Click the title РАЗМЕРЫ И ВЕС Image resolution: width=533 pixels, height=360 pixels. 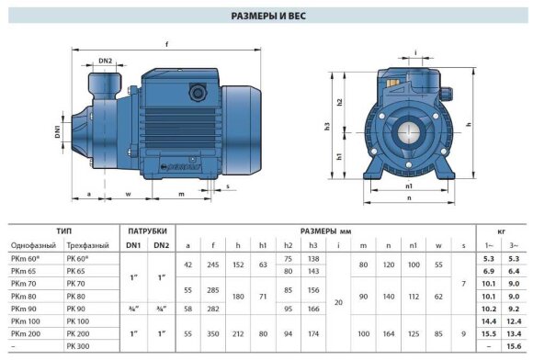(x=266, y=16)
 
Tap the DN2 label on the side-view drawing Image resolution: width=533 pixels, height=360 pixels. (x=105, y=62)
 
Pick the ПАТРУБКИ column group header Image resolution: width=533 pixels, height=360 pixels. (x=147, y=231)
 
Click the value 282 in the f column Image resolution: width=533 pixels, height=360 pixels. (x=213, y=309)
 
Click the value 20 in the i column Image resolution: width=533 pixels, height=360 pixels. (x=338, y=302)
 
